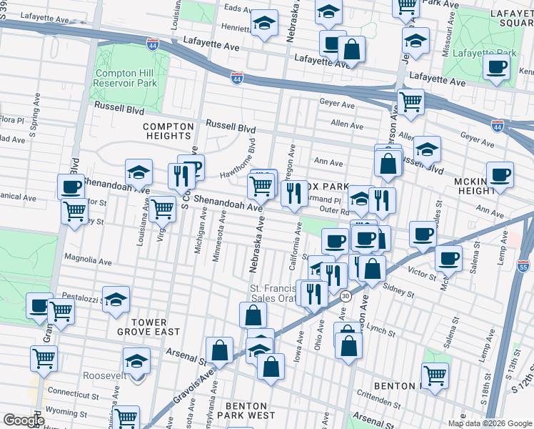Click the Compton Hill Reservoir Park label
125,78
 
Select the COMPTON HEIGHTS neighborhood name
168,131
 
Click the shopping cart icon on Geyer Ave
410,102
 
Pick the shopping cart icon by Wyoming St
126,418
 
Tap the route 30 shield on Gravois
346,295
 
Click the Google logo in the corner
24,420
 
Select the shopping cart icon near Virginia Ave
163,209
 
